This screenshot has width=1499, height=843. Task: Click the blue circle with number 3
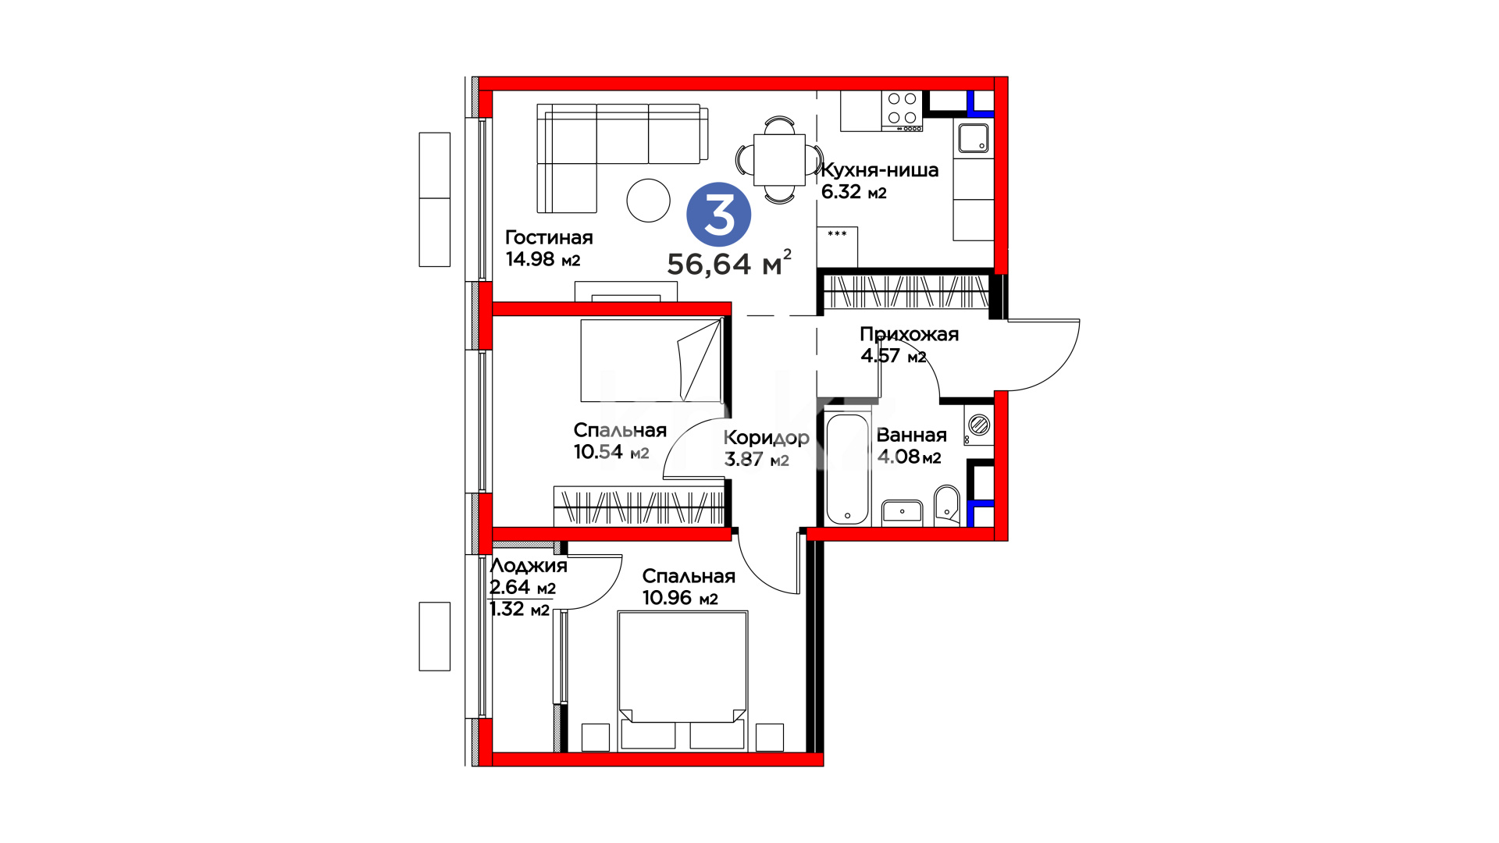(718, 215)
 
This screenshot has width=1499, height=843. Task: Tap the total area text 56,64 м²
(729, 264)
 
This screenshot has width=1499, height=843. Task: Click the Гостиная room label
(549, 237)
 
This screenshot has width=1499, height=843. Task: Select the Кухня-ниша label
(880, 170)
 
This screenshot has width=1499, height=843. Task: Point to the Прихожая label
(909, 334)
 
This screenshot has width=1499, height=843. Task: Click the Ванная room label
(911, 435)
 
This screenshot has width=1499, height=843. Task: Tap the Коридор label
(766, 438)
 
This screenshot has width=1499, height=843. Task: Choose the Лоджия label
(529, 566)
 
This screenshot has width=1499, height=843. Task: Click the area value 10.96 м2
(680, 598)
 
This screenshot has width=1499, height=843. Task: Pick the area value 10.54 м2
(611, 452)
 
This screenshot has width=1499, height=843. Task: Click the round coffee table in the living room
(648, 201)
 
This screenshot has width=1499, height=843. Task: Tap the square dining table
(779, 160)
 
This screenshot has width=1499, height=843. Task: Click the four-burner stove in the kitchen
(902, 111)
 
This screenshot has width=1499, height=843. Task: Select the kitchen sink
(974, 139)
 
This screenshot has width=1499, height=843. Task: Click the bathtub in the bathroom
(847, 468)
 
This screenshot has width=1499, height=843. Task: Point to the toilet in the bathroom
(947, 506)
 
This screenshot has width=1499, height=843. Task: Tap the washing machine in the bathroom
(979, 425)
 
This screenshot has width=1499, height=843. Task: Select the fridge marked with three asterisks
(837, 247)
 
